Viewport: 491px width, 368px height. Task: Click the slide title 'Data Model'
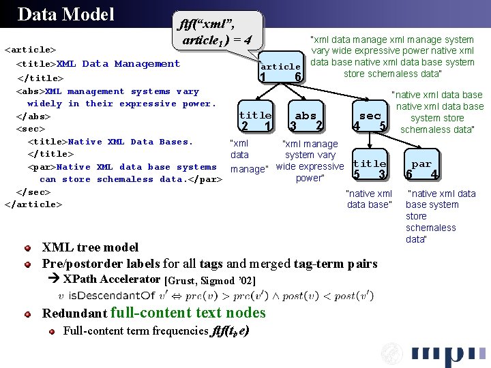click(65, 14)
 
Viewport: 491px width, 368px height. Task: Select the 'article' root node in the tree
click(280, 66)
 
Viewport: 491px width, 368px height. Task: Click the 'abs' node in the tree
click(305, 115)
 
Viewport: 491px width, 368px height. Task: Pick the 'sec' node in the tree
click(370, 115)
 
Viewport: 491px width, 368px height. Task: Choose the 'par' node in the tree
click(421, 164)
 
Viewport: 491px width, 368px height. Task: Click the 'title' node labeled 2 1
click(256, 115)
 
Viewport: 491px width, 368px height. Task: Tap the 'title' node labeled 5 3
click(370, 164)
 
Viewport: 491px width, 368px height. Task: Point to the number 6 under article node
click(297, 78)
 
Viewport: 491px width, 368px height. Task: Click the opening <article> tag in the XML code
click(29, 50)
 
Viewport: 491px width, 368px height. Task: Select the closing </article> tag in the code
click(32, 204)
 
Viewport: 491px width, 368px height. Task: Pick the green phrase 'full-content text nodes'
click(188, 313)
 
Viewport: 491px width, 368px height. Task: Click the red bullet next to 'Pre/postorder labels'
click(27, 263)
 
